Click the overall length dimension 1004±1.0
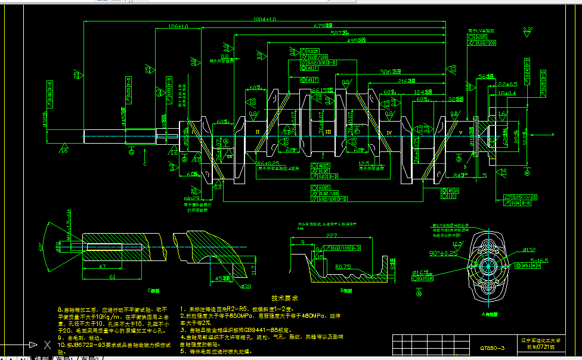[x=265, y=20]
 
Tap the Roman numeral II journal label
[x=258, y=131]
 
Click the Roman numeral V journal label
[x=443, y=132]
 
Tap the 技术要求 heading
[x=284, y=298]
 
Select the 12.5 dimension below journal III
[x=365, y=163]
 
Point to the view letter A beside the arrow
[x=553, y=135]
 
